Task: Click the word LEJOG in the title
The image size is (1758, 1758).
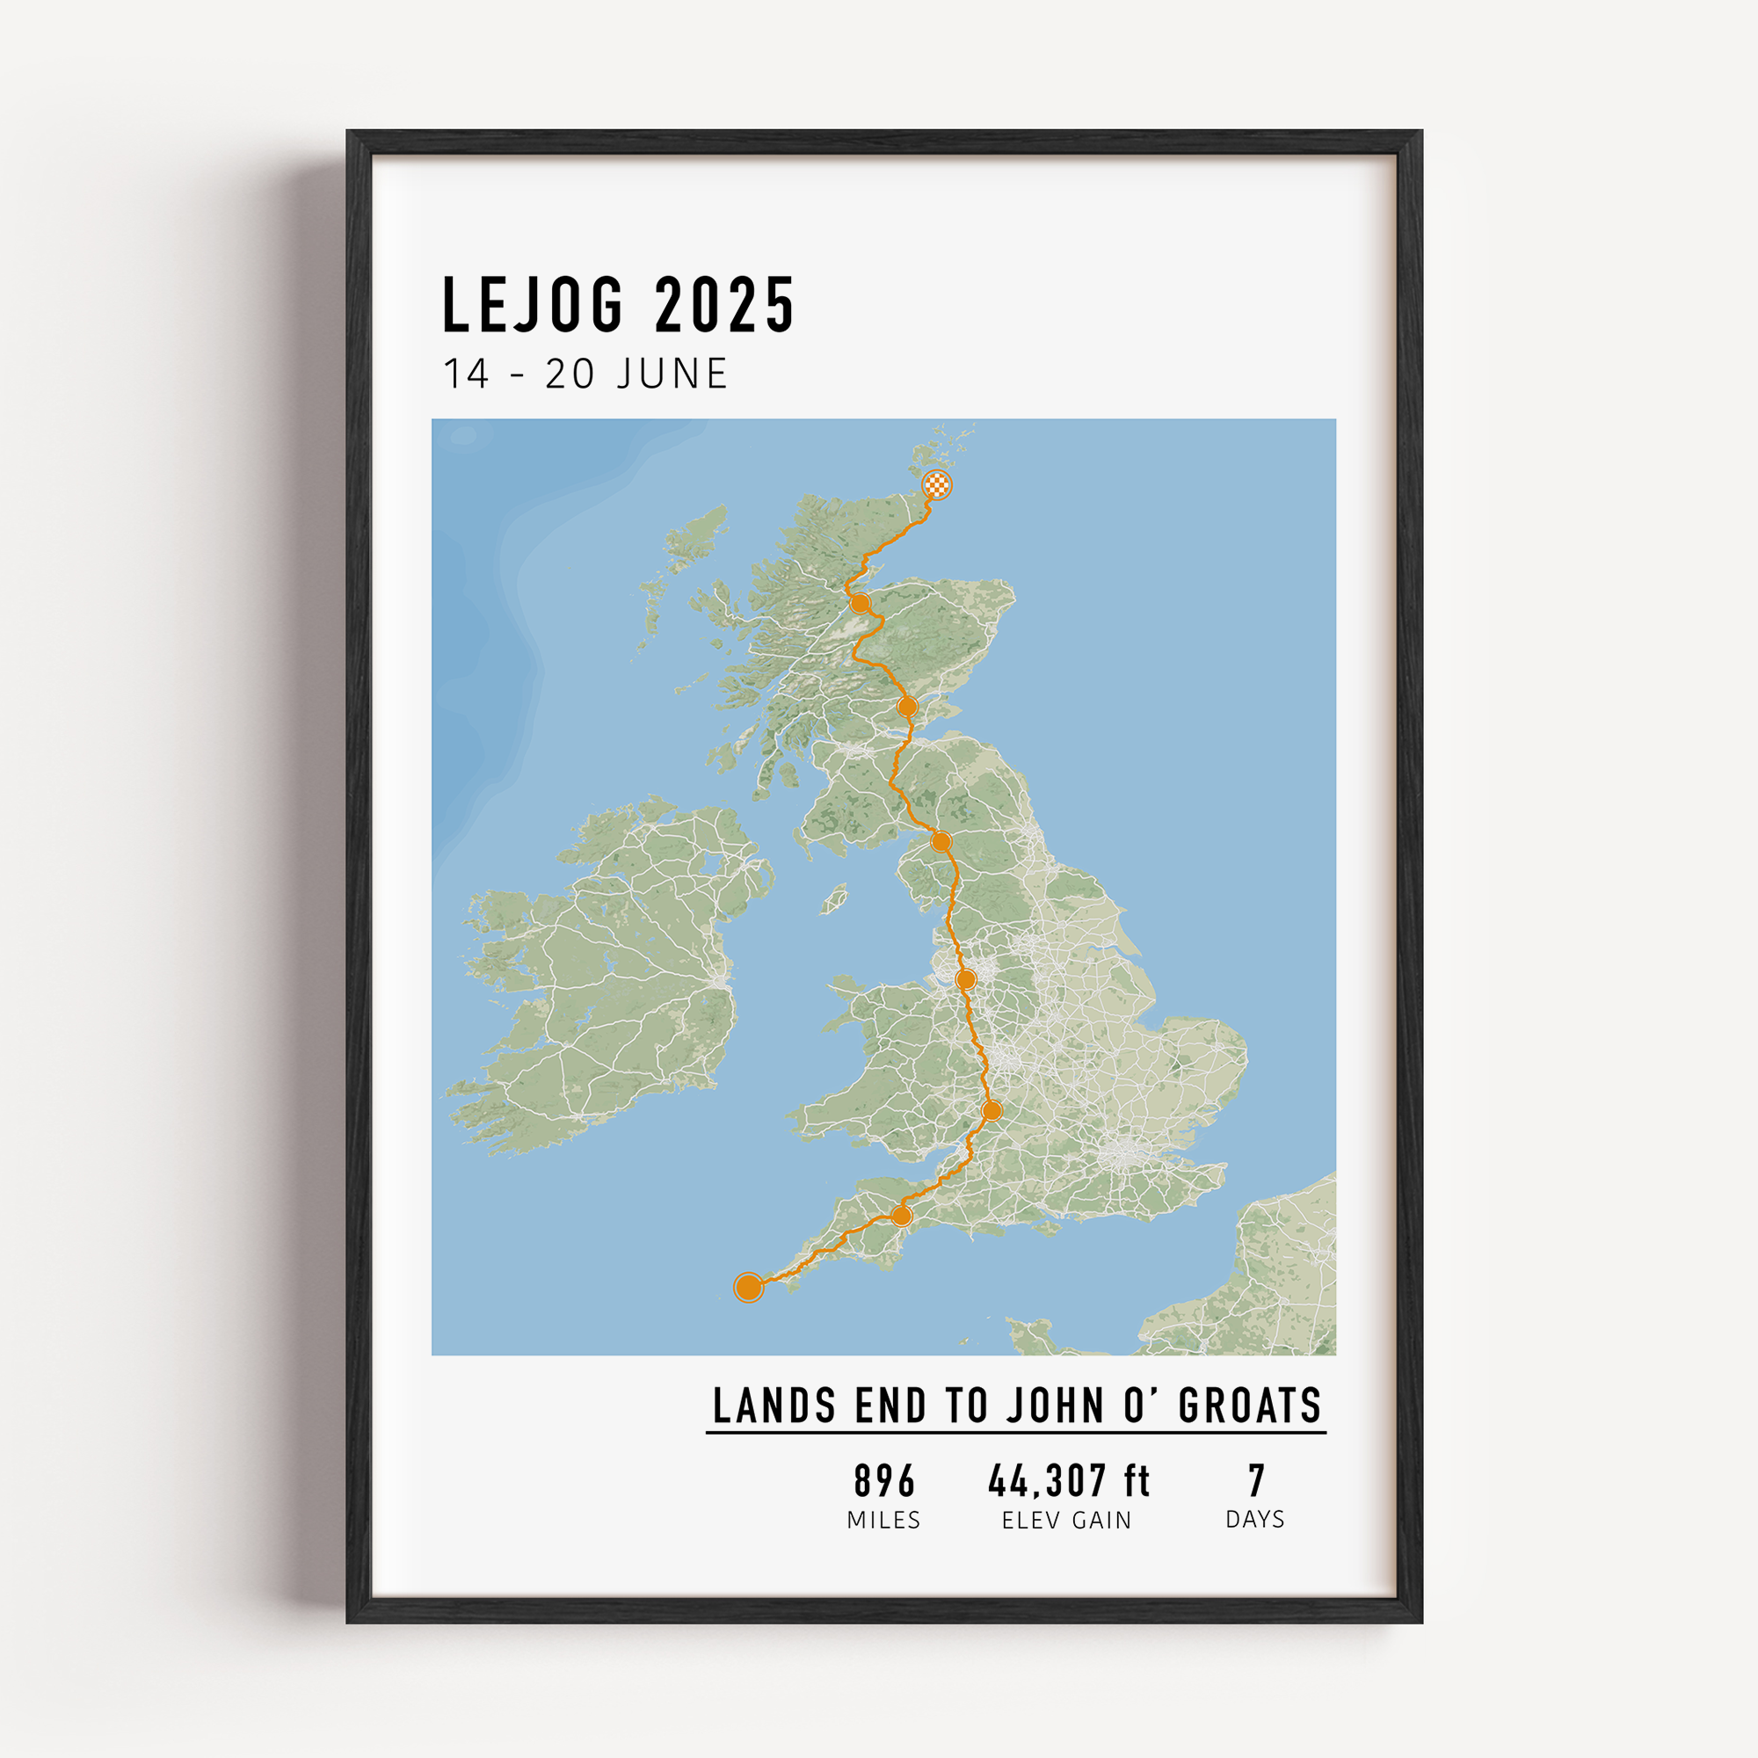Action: tap(533, 305)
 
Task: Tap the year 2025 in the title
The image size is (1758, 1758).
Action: tap(724, 305)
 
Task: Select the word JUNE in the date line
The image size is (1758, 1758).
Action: tap(672, 374)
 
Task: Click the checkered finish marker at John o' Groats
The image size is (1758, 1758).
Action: tap(936, 485)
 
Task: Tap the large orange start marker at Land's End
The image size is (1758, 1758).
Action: tap(748, 1287)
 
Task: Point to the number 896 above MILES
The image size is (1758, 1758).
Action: tap(883, 1481)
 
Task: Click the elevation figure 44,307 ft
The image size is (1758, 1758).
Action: tap(1068, 1481)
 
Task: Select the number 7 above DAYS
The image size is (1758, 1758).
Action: tap(1256, 1481)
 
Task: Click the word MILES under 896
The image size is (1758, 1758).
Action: tap(883, 1521)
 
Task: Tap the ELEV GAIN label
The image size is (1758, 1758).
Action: tap(1066, 1521)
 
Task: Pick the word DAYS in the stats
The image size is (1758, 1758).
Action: tap(1255, 1520)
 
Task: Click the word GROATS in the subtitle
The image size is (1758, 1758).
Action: tap(1249, 1406)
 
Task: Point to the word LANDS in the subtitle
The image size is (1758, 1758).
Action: tap(774, 1406)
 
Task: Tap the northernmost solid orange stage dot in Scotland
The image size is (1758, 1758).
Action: tap(859, 603)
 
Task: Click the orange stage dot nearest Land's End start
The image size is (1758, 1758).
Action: tap(901, 1216)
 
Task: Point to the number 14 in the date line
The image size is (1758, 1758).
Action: tap(466, 374)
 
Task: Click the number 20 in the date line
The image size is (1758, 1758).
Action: tap(570, 374)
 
